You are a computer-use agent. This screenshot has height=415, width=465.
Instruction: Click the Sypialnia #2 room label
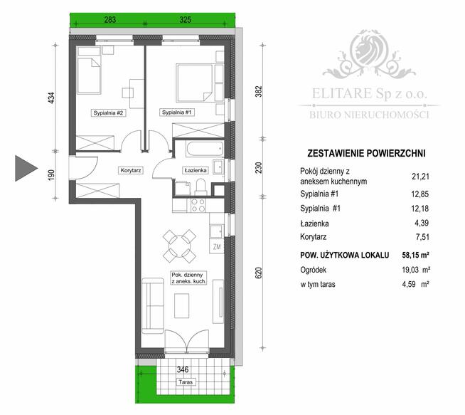[108, 113]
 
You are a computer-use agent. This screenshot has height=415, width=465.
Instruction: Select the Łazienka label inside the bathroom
[195, 171]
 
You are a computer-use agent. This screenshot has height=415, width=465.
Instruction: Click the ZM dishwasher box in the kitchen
[217, 247]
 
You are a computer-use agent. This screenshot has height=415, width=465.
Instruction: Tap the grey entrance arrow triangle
[26, 168]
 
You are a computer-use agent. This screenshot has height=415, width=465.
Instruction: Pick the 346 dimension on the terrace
[183, 369]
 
